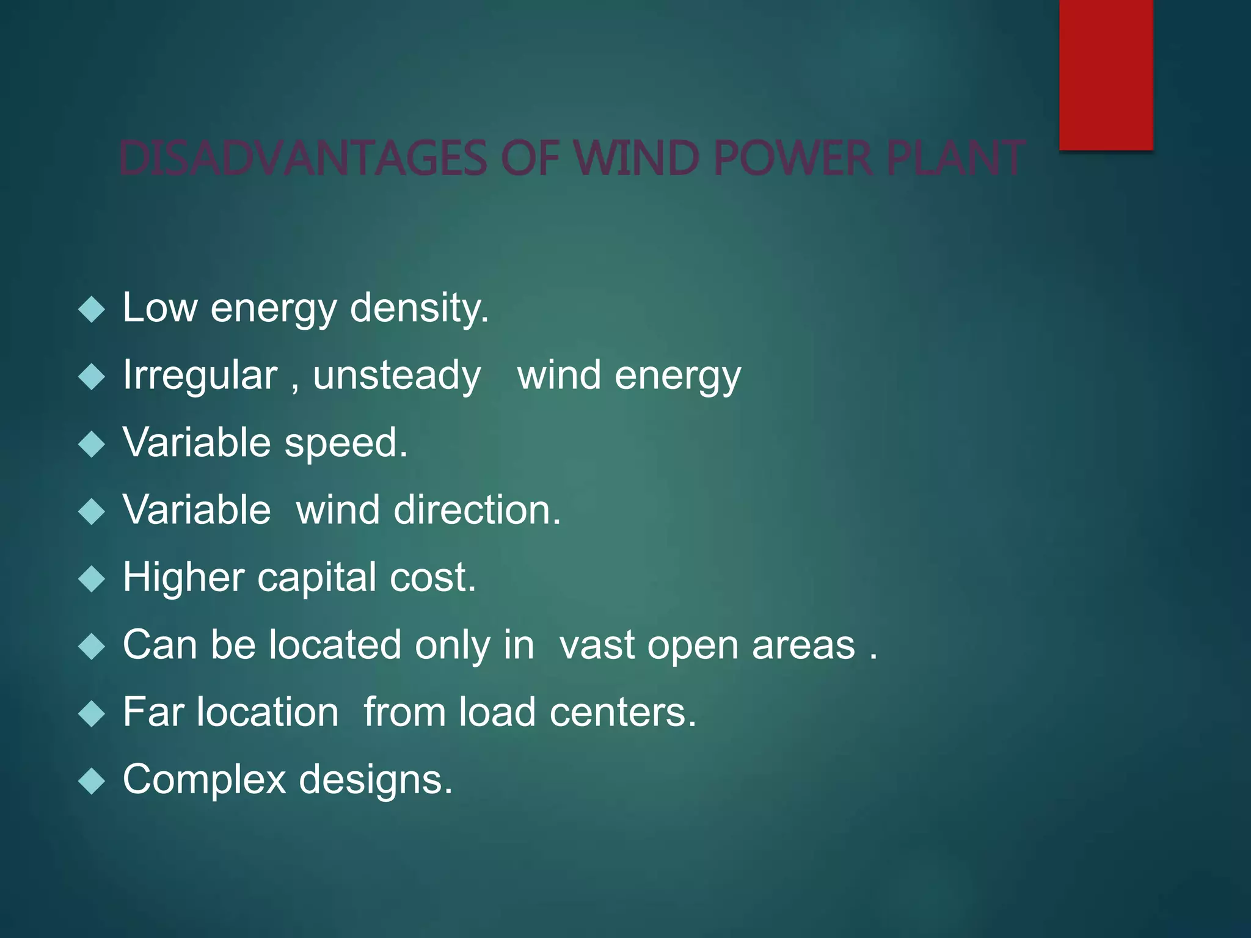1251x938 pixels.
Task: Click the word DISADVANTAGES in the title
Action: [x=303, y=158]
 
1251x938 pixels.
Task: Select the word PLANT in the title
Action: [x=955, y=158]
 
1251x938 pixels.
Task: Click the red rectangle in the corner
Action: [x=1106, y=75]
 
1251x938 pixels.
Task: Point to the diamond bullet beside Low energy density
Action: [x=92, y=310]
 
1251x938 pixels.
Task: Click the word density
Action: [x=419, y=308]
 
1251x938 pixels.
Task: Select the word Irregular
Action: [x=200, y=375]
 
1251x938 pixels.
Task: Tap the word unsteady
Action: [x=397, y=376]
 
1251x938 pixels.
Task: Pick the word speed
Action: [x=346, y=443]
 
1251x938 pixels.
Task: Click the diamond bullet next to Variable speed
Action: [x=92, y=445]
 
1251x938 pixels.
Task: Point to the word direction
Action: [x=476, y=510]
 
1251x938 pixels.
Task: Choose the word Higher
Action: [x=183, y=578]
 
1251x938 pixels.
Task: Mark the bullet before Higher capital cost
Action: [x=92, y=579]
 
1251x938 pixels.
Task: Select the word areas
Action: [x=803, y=645]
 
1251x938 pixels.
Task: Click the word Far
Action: [x=153, y=712]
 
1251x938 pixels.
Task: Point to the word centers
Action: [x=622, y=713]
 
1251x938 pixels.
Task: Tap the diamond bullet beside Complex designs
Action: [x=92, y=781]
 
